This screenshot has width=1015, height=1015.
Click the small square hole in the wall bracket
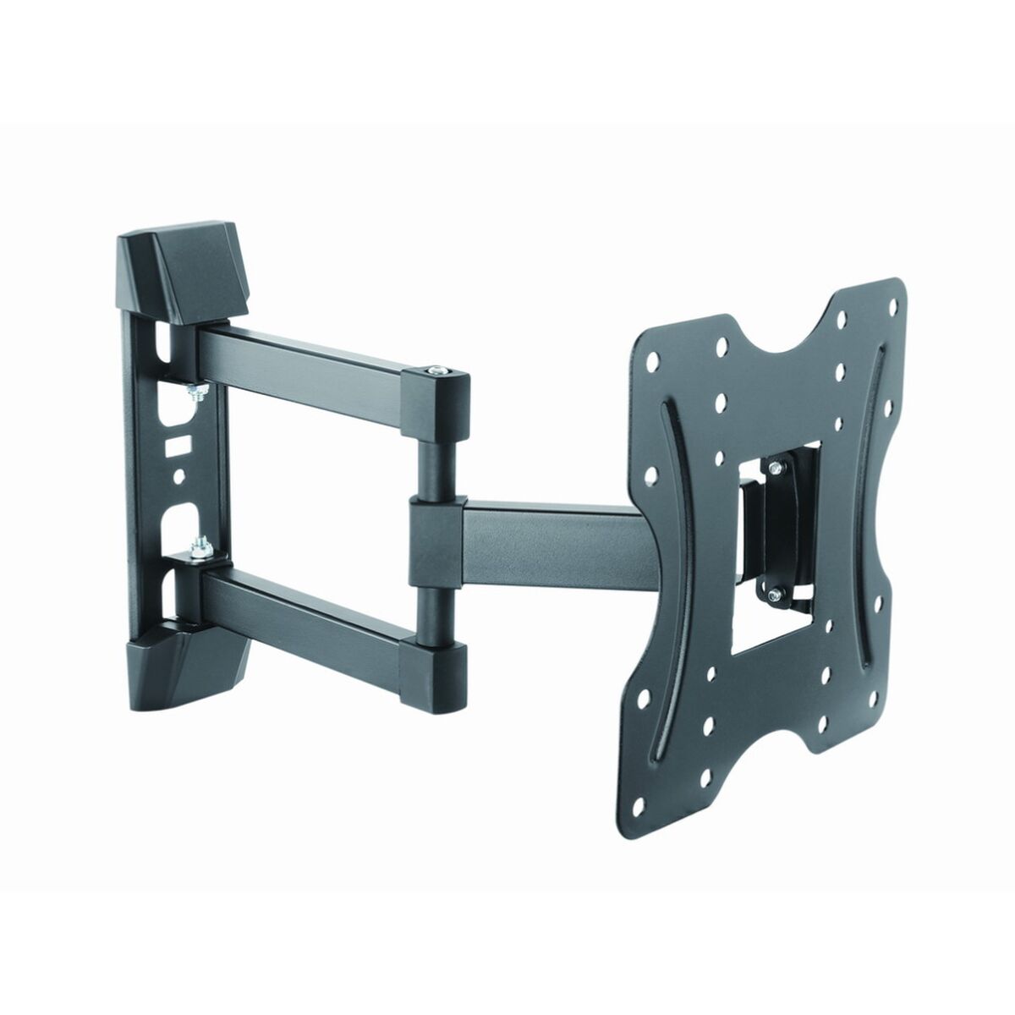click(176, 441)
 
